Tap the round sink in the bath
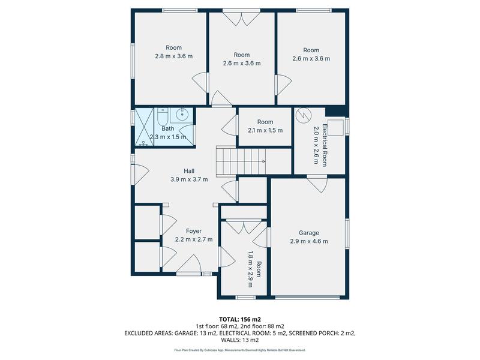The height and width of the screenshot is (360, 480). (183, 114)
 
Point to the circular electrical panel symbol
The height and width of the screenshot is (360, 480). (304, 113)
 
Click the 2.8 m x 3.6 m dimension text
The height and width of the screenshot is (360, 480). (173, 56)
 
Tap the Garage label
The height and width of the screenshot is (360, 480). (309, 233)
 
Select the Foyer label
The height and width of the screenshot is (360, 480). (193, 231)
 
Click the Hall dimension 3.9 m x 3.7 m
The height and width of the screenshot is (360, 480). (188, 179)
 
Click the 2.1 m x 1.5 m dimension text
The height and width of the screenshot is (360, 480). (265, 130)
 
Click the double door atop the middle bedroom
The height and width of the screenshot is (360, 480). (241, 19)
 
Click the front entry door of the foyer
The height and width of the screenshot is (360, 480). (192, 264)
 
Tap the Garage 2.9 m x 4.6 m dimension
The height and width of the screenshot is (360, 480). (309, 241)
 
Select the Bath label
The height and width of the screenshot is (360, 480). (167, 128)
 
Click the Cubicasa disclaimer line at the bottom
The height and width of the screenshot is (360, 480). (239, 350)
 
